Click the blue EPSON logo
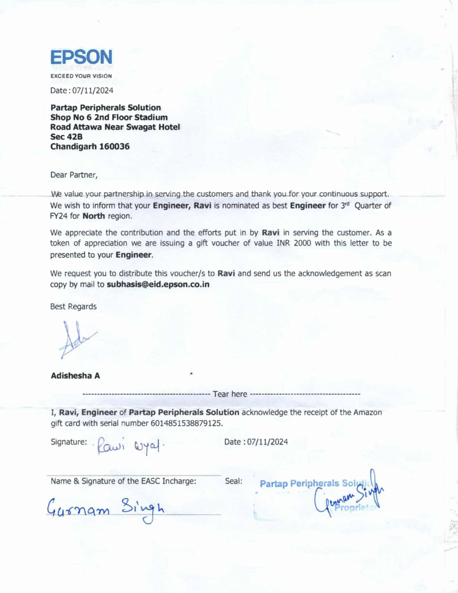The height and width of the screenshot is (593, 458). [81, 57]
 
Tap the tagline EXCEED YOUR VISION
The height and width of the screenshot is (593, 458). [81, 76]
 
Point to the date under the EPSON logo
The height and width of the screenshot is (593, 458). [82, 90]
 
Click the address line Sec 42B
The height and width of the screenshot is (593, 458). [67, 137]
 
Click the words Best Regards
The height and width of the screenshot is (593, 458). [74, 306]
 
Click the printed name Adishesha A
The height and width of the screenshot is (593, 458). [75, 375]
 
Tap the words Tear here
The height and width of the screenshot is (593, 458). [230, 394]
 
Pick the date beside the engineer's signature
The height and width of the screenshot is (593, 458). [256, 442]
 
